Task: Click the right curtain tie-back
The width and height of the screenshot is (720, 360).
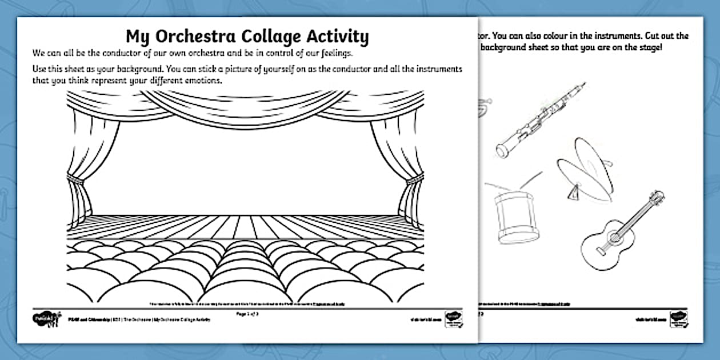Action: [x=413, y=180]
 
